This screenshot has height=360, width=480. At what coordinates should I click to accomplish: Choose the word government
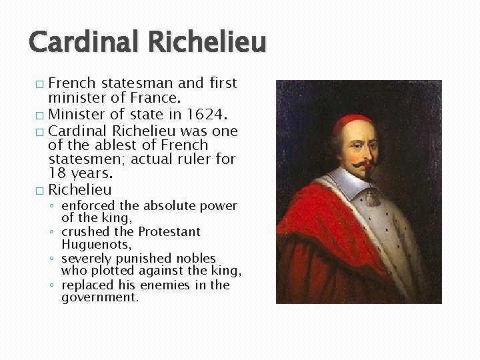pos(100,298)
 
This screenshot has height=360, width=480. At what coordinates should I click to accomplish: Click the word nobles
pos(193,258)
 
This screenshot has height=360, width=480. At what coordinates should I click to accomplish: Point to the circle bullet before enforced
pos(52,205)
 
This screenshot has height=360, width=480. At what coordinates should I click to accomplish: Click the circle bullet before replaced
pos(52,285)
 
